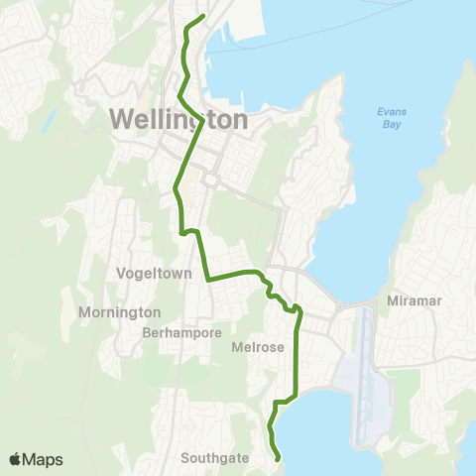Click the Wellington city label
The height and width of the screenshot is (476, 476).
click(178, 119)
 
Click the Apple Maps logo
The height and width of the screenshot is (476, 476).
click(37, 459)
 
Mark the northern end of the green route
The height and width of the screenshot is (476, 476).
click(203, 17)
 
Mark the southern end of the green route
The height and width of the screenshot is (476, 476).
click(278, 457)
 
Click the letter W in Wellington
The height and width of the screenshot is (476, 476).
click(121, 119)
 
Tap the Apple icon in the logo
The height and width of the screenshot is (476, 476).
click(16, 458)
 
